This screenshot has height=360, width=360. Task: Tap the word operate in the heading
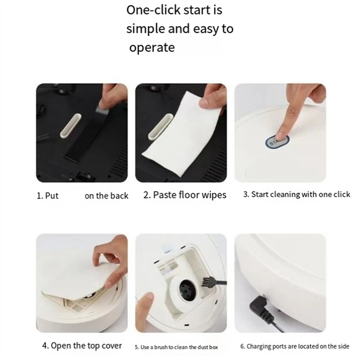point(152,48)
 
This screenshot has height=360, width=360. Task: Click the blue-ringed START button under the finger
point(276,140)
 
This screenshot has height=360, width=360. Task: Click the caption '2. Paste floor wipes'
point(184,195)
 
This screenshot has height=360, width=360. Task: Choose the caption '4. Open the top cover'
point(82,346)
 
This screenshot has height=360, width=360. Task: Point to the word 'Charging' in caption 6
point(260,347)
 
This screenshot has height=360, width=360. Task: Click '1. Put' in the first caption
point(48,196)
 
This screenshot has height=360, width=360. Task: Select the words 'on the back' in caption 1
point(106,196)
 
